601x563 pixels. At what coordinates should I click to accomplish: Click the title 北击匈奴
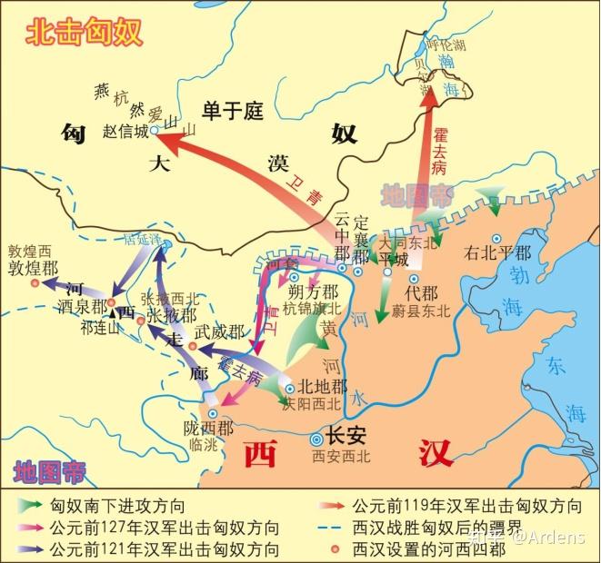[x=81, y=33]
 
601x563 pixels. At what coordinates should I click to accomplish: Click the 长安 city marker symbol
[x=316, y=435]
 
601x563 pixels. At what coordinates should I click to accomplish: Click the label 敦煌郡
[x=33, y=269]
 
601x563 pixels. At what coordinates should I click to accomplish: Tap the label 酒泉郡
[x=81, y=306]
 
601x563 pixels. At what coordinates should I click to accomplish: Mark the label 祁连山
[x=100, y=328]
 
